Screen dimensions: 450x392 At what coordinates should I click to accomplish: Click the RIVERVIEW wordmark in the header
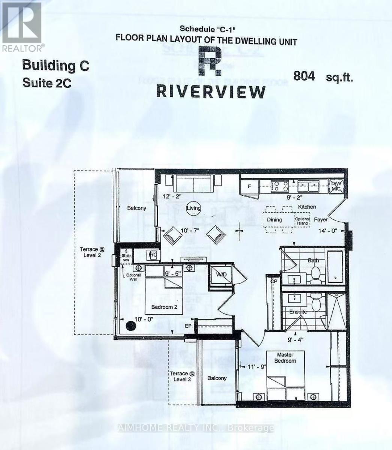click(211, 91)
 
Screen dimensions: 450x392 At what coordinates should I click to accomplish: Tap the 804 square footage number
click(304, 76)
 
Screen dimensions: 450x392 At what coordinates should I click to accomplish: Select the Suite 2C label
click(47, 83)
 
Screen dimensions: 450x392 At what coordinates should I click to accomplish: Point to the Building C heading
click(56, 65)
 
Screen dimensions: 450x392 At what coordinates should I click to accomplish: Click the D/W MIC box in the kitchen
click(334, 186)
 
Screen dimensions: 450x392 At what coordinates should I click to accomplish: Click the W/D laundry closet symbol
click(219, 275)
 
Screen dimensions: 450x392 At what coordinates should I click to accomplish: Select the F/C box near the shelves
click(153, 255)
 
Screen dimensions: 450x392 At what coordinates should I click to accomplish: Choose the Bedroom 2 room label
click(164, 307)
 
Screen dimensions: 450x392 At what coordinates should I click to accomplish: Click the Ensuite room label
click(298, 312)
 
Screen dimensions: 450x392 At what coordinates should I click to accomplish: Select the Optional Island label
click(302, 221)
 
